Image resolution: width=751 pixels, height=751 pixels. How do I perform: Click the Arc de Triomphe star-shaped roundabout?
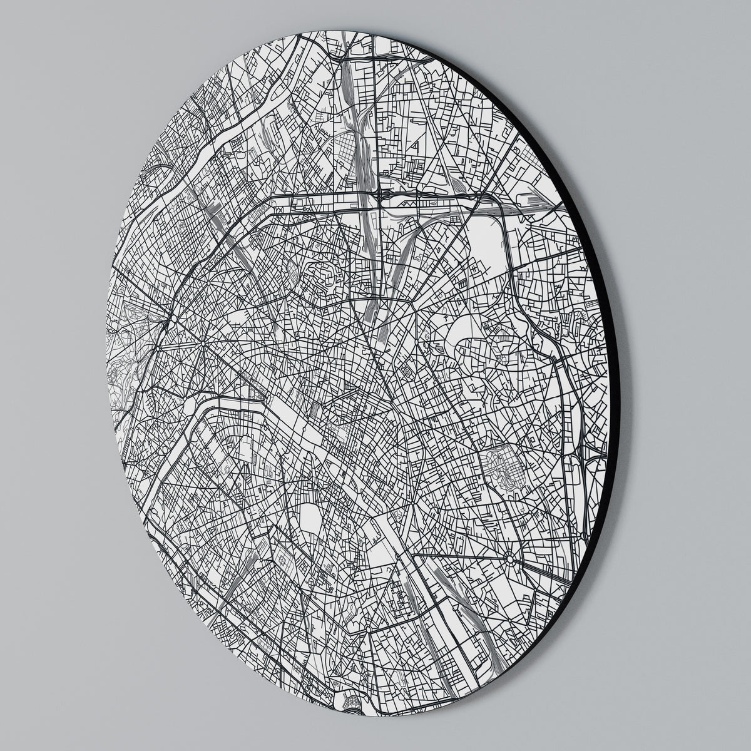(203, 343)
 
